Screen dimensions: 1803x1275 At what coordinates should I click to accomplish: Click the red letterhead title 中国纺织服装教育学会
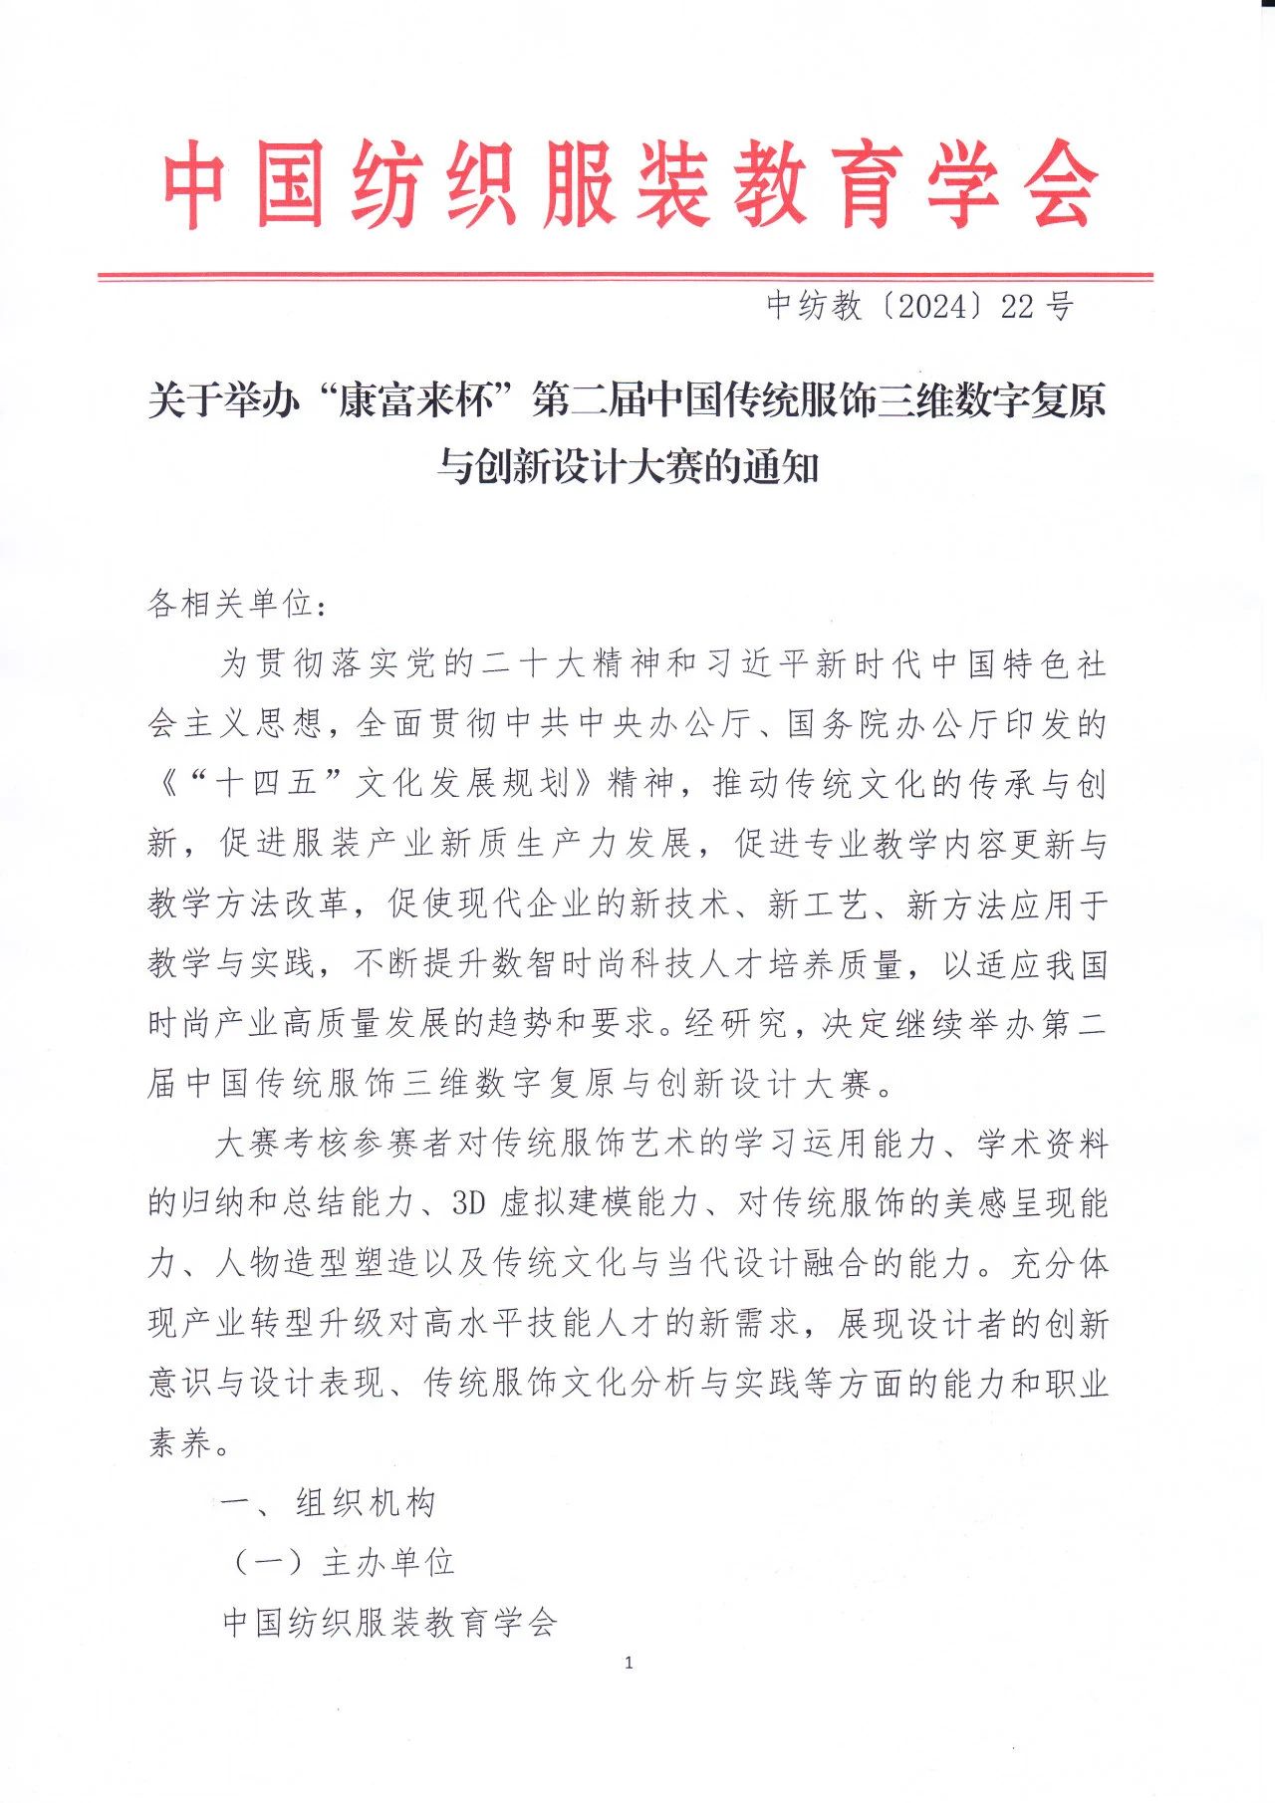tap(630, 184)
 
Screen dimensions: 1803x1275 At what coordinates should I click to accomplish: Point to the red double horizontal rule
tap(626, 276)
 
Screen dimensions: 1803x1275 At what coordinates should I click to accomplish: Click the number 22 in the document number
tap(1017, 307)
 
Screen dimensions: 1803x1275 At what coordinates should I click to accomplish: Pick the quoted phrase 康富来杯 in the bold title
tap(416, 401)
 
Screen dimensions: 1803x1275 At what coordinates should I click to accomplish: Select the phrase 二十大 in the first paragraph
tap(536, 663)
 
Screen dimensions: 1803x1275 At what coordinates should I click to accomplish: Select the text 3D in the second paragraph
tap(467, 1203)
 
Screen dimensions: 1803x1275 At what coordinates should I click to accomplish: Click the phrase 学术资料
tap(1042, 1144)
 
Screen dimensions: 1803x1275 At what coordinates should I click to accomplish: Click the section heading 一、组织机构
tap(328, 1502)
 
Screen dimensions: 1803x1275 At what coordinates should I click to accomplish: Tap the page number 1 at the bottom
tap(628, 1663)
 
